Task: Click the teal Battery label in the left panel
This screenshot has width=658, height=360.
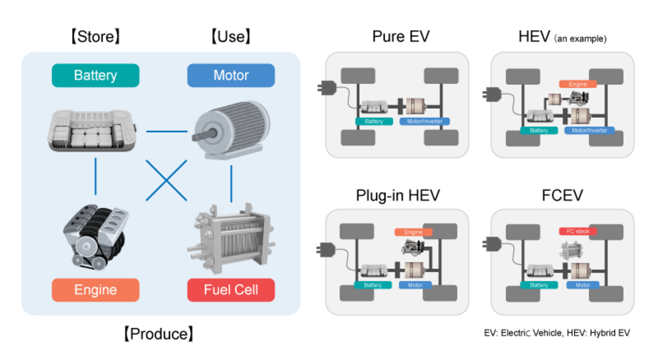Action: [x=95, y=76]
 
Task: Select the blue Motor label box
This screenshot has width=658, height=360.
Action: [x=231, y=76]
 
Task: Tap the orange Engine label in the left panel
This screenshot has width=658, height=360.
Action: [x=95, y=290]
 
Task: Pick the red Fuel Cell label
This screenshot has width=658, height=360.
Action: [x=231, y=290]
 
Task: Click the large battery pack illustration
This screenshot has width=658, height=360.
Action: [x=91, y=129]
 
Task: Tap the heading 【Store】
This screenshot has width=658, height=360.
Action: [x=95, y=37]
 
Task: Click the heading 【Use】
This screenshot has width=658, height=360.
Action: [x=231, y=37]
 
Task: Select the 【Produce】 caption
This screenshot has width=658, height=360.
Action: [x=158, y=334]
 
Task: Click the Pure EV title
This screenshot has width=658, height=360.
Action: [x=401, y=37]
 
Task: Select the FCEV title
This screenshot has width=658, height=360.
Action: [x=562, y=196]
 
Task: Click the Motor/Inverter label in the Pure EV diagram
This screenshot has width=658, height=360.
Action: [x=425, y=121]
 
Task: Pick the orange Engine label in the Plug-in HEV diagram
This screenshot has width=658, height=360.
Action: [x=413, y=232]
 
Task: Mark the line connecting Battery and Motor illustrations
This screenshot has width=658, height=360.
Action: [x=167, y=132]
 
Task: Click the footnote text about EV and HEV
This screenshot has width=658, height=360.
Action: [x=557, y=333]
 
